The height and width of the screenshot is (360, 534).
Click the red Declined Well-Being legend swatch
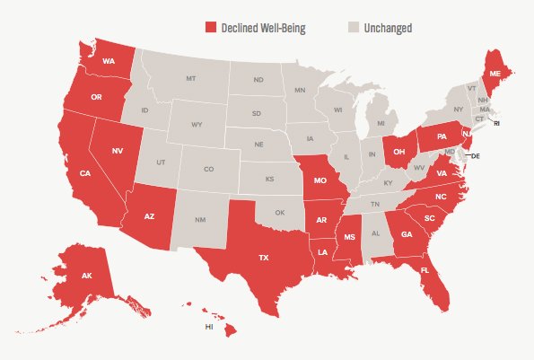[x=211, y=28]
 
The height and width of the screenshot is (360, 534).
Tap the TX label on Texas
[x=264, y=257]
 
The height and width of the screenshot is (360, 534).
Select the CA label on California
[x=84, y=173]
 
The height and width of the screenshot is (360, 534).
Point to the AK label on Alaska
[x=87, y=276]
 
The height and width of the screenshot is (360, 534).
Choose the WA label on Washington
[x=108, y=61]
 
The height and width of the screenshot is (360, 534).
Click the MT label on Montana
[x=191, y=79]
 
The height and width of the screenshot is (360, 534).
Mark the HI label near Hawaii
[x=209, y=327]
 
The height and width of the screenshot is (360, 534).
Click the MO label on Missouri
[x=319, y=180]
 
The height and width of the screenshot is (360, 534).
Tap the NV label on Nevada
[x=116, y=152]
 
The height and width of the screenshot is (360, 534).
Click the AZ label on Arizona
[x=150, y=215]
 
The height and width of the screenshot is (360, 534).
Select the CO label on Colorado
[x=208, y=169]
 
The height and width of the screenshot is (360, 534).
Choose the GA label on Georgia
[x=407, y=235]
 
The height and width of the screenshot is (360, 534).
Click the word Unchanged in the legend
[x=389, y=28]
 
